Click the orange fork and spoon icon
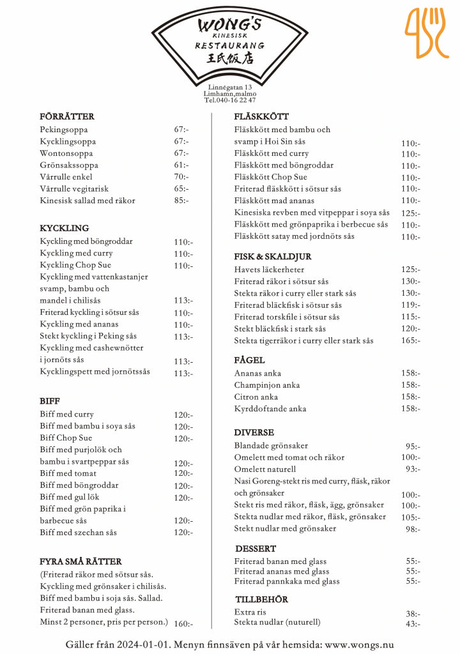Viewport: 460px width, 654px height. pos(427,33)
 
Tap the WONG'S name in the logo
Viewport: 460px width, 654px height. pos(229,25)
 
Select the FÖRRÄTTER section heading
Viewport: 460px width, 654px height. pos(67,117)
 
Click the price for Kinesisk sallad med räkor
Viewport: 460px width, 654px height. pos(181,201)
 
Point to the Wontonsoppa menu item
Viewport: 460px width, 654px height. pos(66,153)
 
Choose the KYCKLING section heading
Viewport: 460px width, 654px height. pos(65,228)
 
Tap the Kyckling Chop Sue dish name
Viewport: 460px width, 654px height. pos(75,265)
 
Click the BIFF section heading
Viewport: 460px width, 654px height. pos(50,401)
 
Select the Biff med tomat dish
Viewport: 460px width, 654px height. pos(68,473)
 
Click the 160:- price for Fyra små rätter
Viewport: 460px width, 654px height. pos(183,624)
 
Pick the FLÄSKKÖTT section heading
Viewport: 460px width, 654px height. pos(261,117)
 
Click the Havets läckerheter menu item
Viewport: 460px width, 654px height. pos(269,270)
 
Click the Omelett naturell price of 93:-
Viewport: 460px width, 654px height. pos(413,469)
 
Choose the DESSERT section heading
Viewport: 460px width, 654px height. pos(256,549)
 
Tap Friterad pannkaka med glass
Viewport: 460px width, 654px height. pos(287,582)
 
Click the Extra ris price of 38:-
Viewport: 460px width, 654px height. pos(413,613)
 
